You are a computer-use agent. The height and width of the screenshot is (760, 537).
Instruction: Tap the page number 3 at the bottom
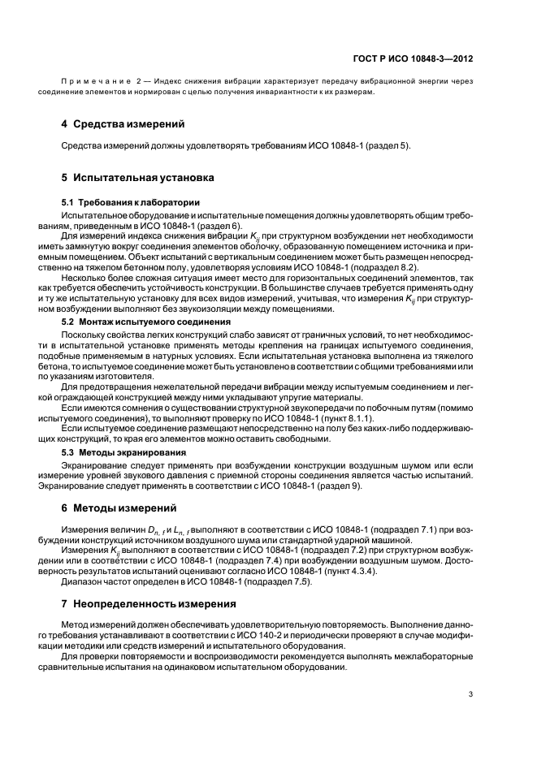click(x=470, y=694)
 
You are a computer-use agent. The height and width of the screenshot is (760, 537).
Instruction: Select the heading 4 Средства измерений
click(x=123, y=124)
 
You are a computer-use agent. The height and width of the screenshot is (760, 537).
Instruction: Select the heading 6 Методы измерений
click(x=119, y=508)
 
